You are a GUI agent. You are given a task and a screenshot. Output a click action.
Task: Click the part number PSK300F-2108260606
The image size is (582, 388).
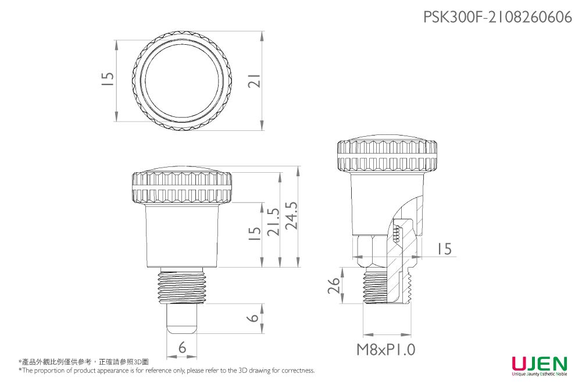click(x=498, y=17)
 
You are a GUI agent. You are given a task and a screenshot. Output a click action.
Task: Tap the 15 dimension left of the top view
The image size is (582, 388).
click(x=107, y=80)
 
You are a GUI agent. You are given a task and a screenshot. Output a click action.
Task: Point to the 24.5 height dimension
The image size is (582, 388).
click(x=290, y=216)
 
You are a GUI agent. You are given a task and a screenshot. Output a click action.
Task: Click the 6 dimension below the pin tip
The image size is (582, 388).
click(x=183, y=348)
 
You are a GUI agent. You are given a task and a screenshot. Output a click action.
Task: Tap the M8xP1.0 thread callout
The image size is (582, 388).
click(x=386, y=350)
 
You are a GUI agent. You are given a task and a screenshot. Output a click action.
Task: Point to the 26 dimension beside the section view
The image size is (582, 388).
click(x=333, y=285)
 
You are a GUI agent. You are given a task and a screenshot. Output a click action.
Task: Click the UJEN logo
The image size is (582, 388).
click(x=539, y=365)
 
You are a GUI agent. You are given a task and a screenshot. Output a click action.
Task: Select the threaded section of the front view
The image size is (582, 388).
click(x=183, y=287)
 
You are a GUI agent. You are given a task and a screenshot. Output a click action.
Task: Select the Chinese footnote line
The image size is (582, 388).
click(x=84, y=362)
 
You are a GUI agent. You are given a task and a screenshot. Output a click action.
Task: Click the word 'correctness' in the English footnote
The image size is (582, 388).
click(x=298, y=371)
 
